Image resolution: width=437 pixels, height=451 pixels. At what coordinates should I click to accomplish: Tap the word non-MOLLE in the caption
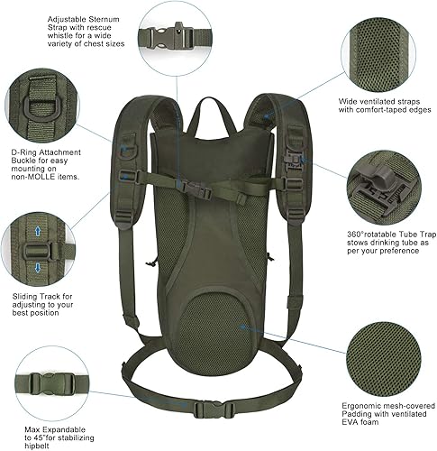pos(31,176)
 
